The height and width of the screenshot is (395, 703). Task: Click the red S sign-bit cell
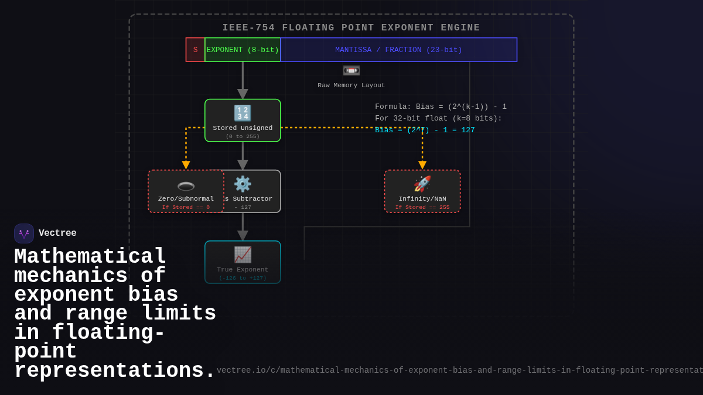[195, 50]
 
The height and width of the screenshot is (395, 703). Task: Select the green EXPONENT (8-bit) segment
[243, 50]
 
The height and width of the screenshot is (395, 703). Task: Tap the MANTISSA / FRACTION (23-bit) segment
[398, 50]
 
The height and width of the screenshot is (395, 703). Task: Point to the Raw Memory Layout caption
[351, 85]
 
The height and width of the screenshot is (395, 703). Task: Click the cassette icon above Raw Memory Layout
[351, 71]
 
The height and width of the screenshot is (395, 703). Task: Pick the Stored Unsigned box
[243, 121]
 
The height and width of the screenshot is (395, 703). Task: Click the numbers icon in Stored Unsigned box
[243, 113]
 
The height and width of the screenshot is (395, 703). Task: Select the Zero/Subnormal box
[186, 191]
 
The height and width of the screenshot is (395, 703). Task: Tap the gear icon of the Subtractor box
[243, 184]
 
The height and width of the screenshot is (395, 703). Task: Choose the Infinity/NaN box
[422, 191]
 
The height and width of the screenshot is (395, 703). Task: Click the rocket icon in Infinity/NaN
[422, 184]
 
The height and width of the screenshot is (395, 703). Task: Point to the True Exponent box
[243, 262]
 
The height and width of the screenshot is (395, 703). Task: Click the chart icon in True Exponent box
[243, 255]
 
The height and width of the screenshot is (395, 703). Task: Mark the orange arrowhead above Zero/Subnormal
[186, 166]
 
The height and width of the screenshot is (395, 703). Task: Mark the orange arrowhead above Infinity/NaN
[422, 166]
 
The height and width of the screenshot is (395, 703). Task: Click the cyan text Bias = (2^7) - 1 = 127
[425, 130]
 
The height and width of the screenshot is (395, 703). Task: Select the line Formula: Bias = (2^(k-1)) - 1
[441, 107]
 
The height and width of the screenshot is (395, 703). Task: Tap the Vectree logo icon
[24, 233]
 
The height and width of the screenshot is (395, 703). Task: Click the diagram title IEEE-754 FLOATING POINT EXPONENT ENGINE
[351, 28]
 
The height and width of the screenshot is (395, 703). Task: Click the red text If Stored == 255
[422, 207]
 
